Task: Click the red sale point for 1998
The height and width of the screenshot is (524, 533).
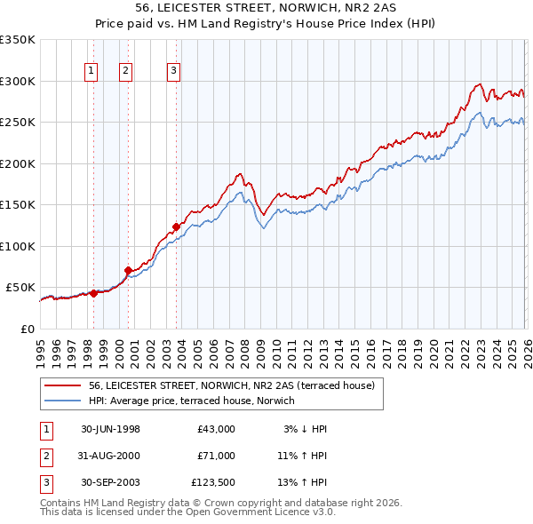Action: (x=93, y=293)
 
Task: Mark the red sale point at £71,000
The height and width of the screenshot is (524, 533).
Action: (x=128, y=270)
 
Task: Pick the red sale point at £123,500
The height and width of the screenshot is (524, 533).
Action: (x=176, y=226)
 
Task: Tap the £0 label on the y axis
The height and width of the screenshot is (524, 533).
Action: (x=27, y=329)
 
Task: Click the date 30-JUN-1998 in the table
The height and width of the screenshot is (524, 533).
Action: (x=110, y=429)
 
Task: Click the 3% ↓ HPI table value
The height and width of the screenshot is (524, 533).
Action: (x=305, y=429)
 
